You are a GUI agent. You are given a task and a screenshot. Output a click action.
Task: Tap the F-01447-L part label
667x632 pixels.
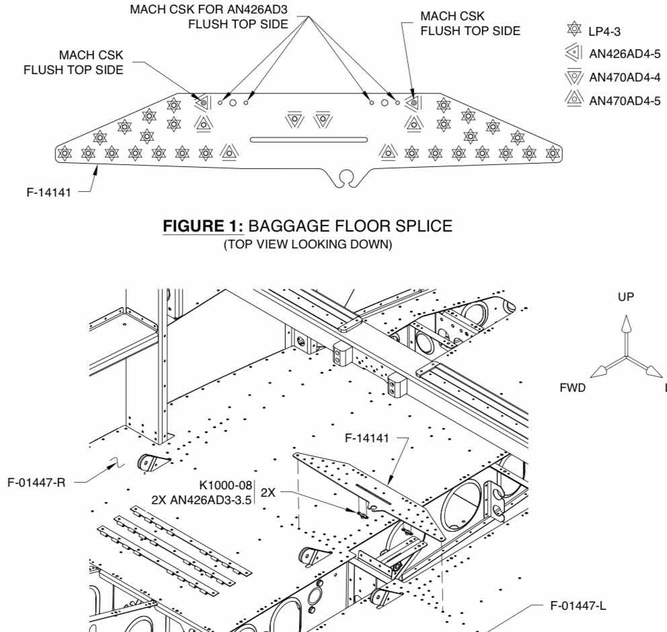(x=570, y=610)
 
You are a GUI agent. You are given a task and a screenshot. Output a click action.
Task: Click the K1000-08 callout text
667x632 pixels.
(x=225, y=485)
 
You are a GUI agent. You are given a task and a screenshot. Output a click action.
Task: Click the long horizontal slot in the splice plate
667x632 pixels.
(x=309, y=139)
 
